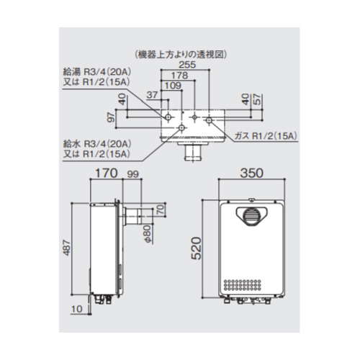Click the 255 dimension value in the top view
187,65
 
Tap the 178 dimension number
179,76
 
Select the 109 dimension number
173,86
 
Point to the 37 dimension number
152,95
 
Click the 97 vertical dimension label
112,117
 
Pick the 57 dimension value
257,99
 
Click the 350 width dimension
252,173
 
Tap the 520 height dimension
196,248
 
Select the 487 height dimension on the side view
66,248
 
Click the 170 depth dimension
107,173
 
